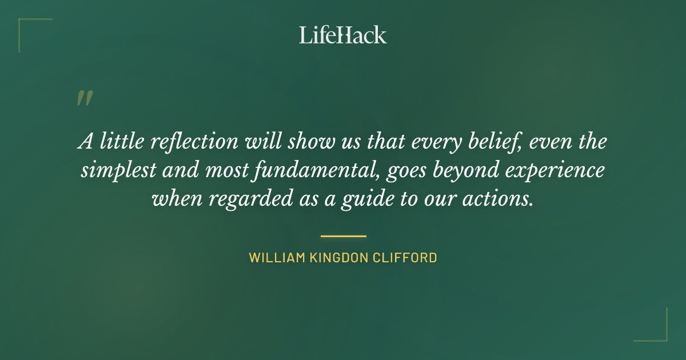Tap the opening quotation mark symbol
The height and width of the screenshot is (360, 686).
point(84,98)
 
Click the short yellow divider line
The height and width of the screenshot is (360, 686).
point(343,235)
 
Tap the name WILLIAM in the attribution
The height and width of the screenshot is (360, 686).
point(275,258)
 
